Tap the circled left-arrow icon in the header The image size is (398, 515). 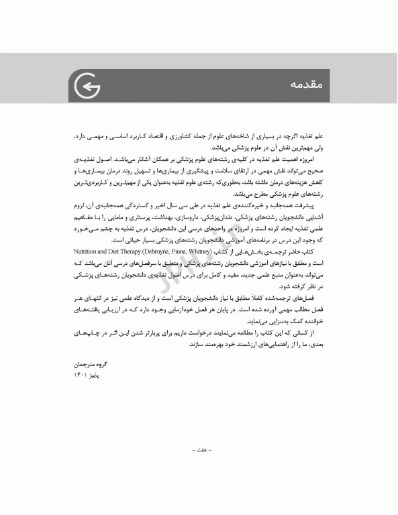pos(85,85)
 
